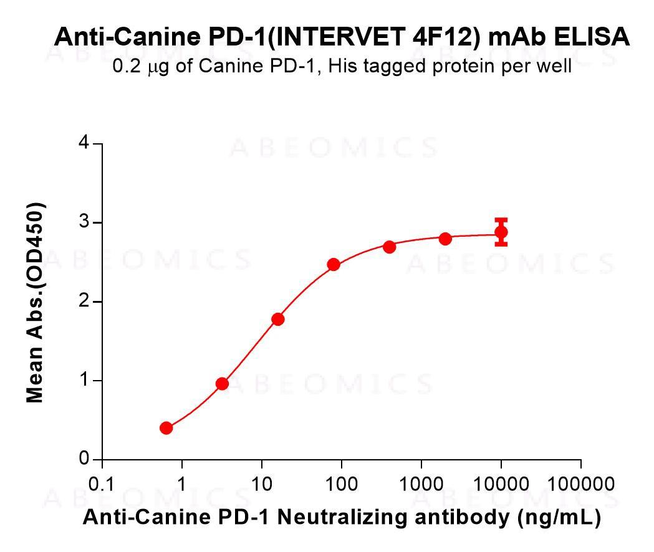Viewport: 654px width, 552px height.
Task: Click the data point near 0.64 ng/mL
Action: coord(166,428)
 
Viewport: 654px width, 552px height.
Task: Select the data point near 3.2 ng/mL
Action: coord(222,384)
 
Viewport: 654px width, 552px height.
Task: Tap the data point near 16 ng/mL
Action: coord(278,320)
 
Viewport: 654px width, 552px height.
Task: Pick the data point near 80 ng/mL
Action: coord(334,265)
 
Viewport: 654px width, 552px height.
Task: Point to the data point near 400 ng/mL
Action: coord(390,247)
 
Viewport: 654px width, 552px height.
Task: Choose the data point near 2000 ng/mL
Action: coord(445,239)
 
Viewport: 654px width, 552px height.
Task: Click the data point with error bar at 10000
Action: coord(501,232)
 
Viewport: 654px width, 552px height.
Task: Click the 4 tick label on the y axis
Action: coord(84,144)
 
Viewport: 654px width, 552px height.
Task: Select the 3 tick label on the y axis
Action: coord(84,223)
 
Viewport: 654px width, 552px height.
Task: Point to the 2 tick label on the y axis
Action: coord(84,302)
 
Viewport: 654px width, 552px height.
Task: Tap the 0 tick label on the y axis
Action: coord(84,459)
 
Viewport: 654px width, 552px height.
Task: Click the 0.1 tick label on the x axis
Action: coord(102,484)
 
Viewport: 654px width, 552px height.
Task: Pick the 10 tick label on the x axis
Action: coord(262,484)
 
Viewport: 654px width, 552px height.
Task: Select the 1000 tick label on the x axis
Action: coord(421,484)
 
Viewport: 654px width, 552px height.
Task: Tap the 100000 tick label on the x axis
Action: coord(581,484)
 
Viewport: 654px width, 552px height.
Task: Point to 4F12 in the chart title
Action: coord(447,37)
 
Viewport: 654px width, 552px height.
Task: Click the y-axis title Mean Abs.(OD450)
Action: coord(36,302)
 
